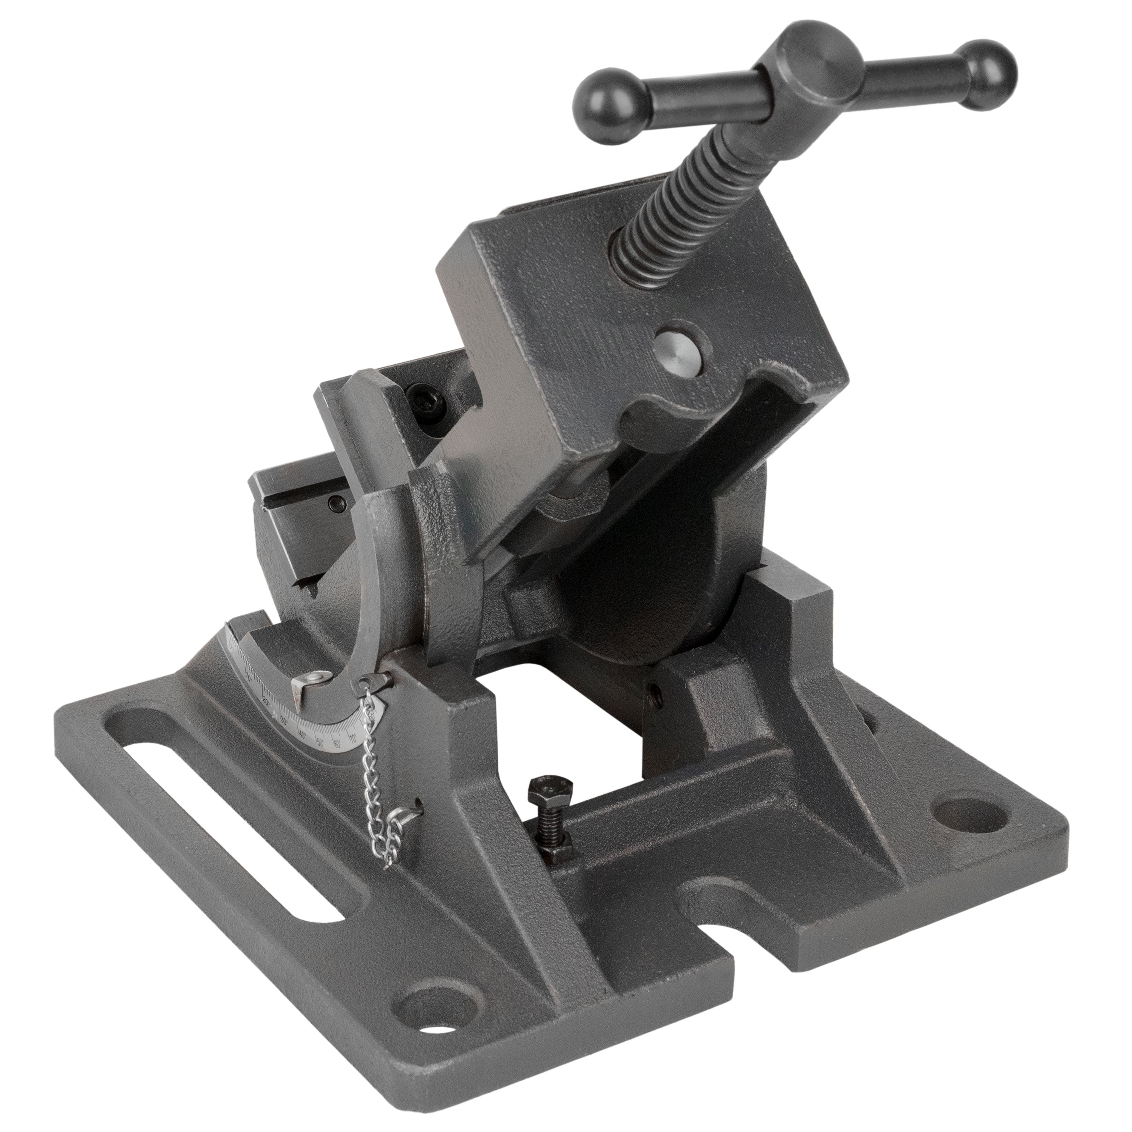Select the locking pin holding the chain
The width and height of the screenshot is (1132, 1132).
372,682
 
